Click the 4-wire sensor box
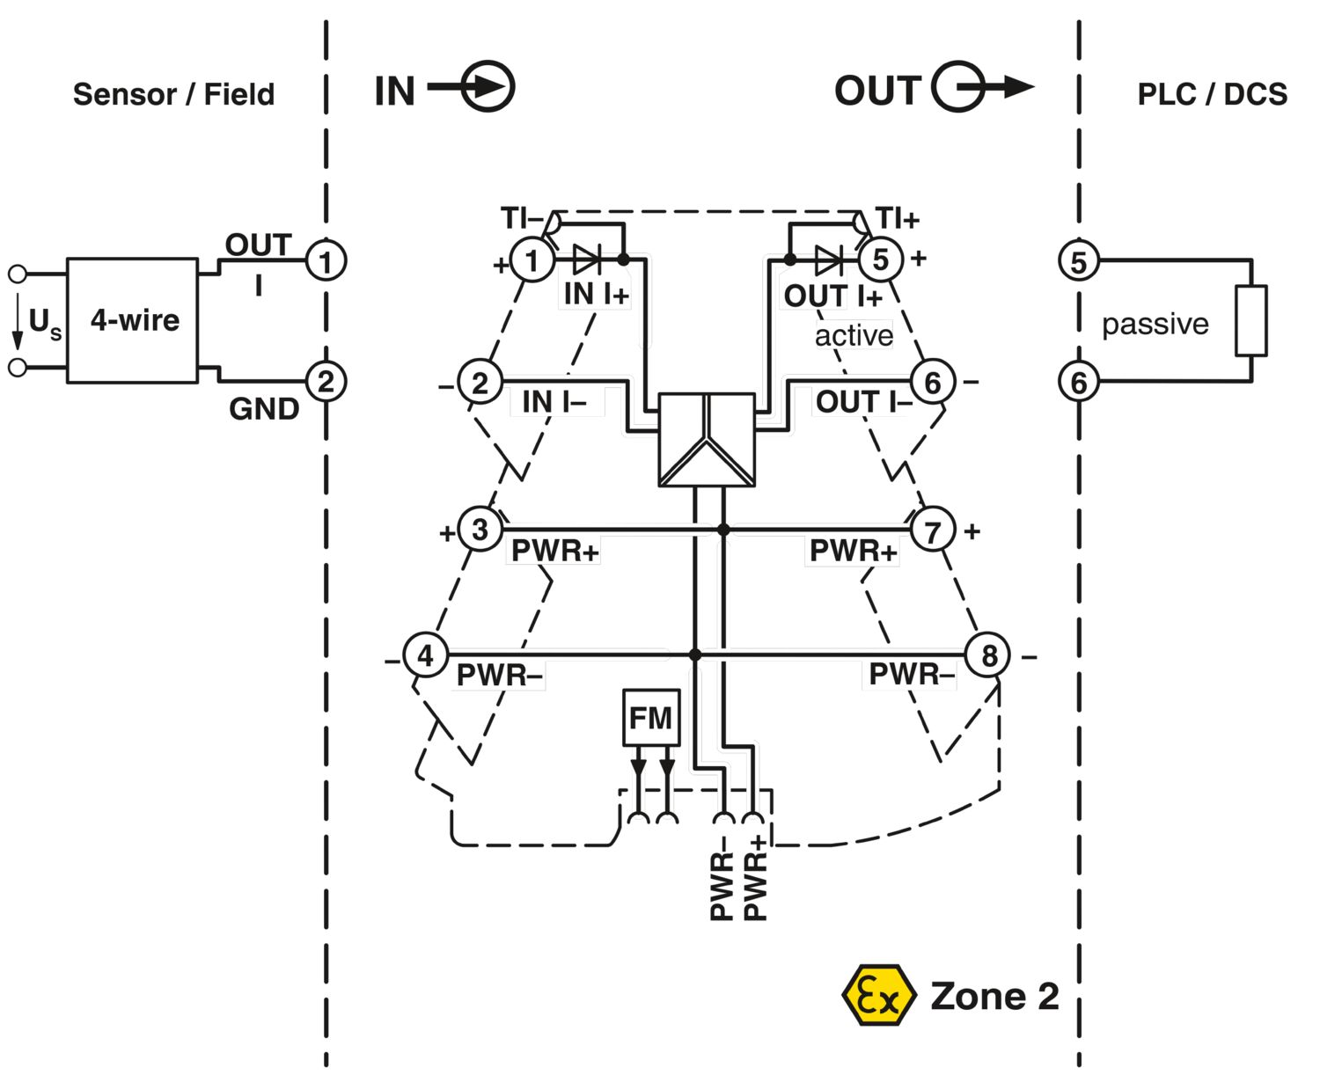point(132,320)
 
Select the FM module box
point(651,718)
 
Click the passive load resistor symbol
point(1250,320)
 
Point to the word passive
point(1155,325)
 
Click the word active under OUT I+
point(854,336)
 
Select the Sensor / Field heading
point(173,94)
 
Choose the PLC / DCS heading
point(1212,94)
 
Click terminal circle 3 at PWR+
point(480,530)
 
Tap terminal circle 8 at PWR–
point(988,655)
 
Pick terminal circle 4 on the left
point(425,655)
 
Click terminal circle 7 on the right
point(932,530)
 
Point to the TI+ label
point(898,218)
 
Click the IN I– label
point(554,402)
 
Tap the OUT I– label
point(863,402)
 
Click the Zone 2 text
point(994,996)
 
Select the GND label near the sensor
point(264,409)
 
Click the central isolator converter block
point(707,440)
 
